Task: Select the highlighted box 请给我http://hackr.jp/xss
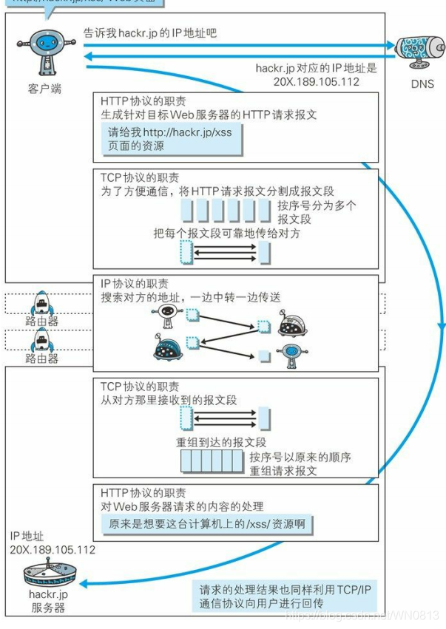[172, 139]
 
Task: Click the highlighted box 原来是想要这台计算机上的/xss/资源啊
[206, 524]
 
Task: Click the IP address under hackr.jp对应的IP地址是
[317, 82]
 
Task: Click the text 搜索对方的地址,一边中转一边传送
[191, 297]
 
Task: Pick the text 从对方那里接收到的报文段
[169, 401]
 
